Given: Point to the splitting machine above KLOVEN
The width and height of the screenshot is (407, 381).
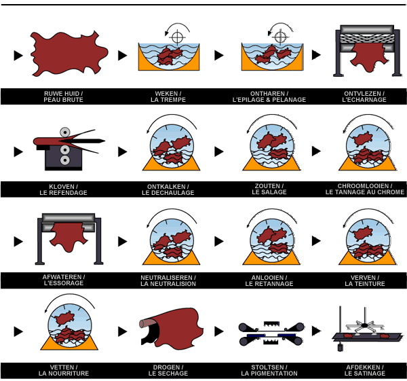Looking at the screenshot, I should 64,149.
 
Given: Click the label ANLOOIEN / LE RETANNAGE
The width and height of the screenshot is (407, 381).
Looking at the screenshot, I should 269,280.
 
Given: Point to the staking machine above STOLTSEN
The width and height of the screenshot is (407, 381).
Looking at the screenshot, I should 269,331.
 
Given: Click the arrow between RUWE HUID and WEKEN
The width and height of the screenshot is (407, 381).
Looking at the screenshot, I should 122,55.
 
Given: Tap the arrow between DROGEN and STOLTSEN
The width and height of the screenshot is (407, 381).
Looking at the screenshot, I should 218,331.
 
